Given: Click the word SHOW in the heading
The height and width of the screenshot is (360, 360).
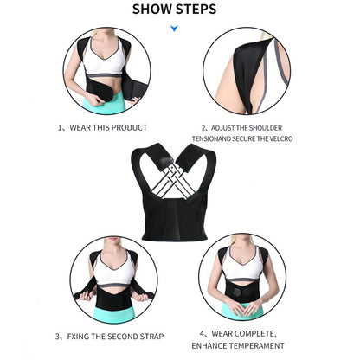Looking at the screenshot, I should tap(157, 11).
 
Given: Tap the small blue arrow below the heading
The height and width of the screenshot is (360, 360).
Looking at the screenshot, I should tap(174, 29).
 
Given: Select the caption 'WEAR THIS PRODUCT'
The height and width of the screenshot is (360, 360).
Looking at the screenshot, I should tap(107, 127).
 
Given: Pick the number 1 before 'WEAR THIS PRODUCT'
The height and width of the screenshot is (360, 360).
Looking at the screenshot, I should tap(61, 127).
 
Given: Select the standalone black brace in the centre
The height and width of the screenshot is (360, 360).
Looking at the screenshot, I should tap(179, 187).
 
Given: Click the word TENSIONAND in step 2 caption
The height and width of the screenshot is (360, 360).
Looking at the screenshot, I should tap(221, 136).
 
